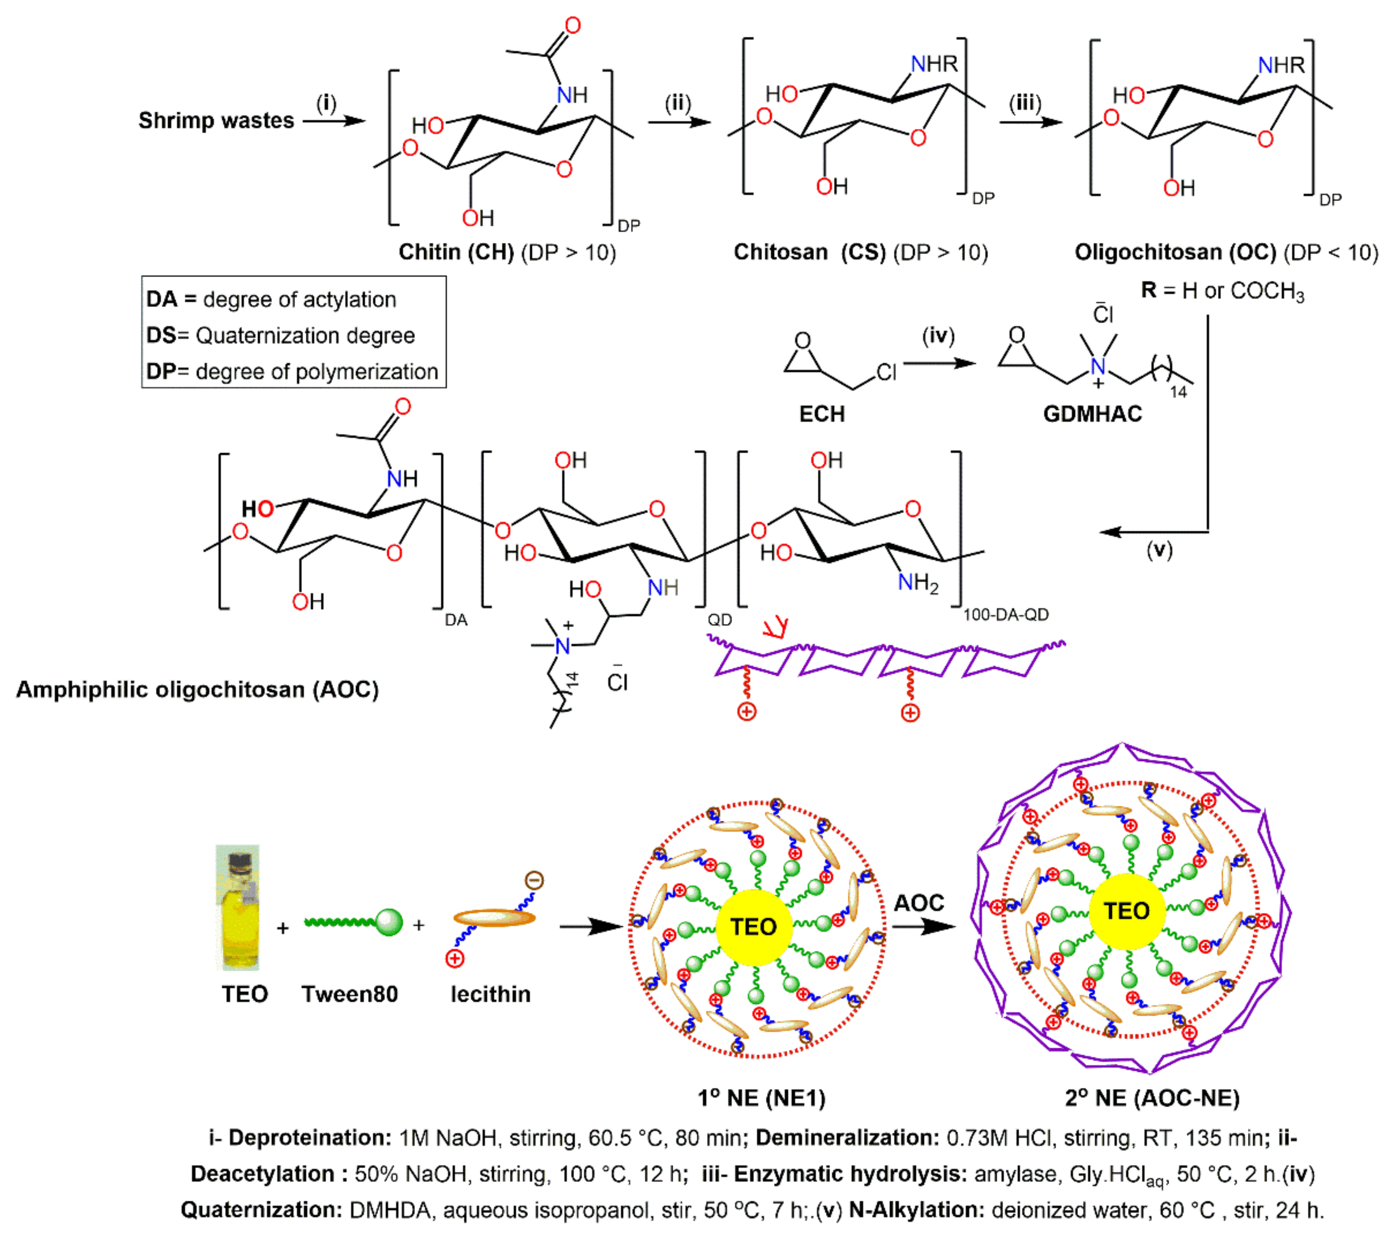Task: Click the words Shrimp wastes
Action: click(x=216, y=121)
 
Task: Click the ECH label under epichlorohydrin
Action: click(x=822, y=414)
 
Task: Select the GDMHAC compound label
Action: click(x=1092, y=414)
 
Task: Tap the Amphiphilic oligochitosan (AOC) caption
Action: click(x=197, y=689)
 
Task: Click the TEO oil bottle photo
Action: click(x=238, y=907)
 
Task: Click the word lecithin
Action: click(x=490, y=994)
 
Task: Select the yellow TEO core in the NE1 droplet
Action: click(x=754, y=926)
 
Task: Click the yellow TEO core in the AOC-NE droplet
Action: click(x=1127, y=911)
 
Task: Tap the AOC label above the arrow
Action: click(x=919, y=902)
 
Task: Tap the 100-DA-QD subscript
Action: click(x=1005, y=615)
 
